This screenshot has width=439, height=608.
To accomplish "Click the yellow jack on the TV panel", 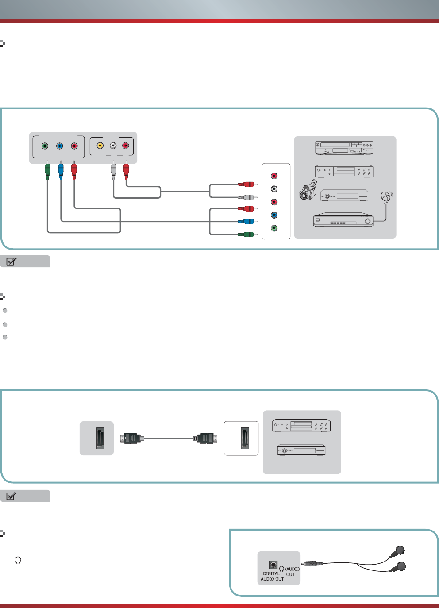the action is point(100,146).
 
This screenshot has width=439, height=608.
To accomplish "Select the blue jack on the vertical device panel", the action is point(274,215).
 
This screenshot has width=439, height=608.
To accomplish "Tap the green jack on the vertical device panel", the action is point(274,228).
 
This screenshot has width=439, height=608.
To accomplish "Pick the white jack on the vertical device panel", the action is point(274,189).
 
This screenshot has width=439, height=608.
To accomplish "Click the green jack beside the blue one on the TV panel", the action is point(45,146).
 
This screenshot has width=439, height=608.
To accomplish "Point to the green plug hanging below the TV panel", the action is point(47,170).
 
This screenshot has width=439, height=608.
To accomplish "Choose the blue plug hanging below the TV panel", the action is point(61,170).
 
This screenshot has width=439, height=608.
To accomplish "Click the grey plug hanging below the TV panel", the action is point(113,170).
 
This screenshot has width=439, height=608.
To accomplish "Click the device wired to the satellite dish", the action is point(343,219).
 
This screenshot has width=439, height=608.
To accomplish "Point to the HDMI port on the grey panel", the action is point(100,438).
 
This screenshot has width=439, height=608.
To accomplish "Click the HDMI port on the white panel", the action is point(245,438).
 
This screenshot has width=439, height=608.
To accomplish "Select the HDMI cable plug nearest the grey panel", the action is point(132,438).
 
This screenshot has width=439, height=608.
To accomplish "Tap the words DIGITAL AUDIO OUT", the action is point(272,576).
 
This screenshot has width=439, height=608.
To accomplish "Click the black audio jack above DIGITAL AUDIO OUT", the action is point(273,565).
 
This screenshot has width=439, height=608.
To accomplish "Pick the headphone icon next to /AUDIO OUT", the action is point(282,569).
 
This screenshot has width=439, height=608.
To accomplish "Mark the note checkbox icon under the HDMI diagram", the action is point(11,496).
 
